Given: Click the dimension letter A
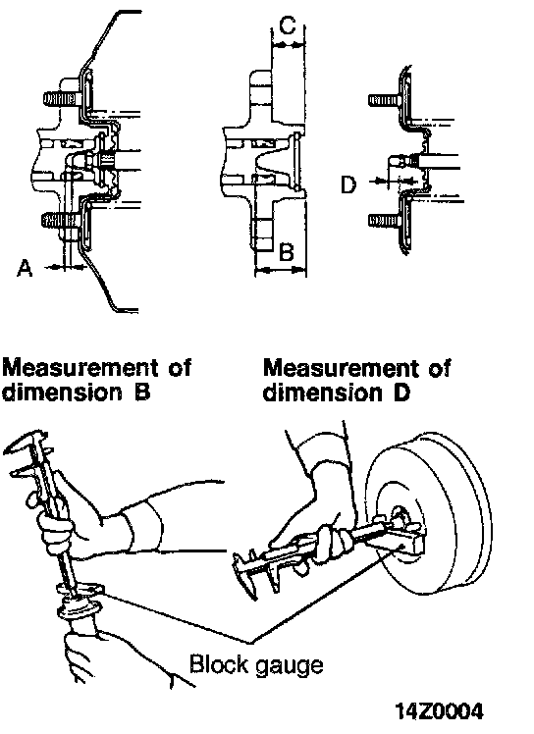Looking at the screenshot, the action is pos(25,268).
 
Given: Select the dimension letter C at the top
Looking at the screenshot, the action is pos(288,25).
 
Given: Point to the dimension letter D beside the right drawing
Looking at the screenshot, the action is pos(348,184).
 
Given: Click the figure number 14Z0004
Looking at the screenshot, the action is pos(439,711).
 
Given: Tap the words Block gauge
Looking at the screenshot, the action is pos(256,664).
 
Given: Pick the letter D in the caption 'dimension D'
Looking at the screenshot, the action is pos(401,393).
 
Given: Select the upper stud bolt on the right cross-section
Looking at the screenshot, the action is pos(385,100).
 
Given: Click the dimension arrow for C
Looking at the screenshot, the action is pos(288,45).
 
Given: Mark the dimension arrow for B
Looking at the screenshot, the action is pos(281,270).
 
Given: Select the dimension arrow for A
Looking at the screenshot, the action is pos(67,267).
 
